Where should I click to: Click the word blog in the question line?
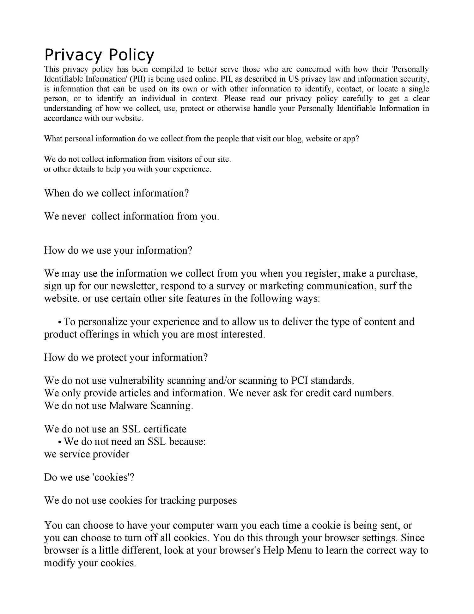[x=295, y=139]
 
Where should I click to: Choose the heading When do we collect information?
[x=116, y=193]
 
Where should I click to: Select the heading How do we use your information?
[x=118, y=251]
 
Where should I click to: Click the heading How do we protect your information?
[x=126, y=358]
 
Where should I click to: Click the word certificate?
[x=165, y=429]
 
